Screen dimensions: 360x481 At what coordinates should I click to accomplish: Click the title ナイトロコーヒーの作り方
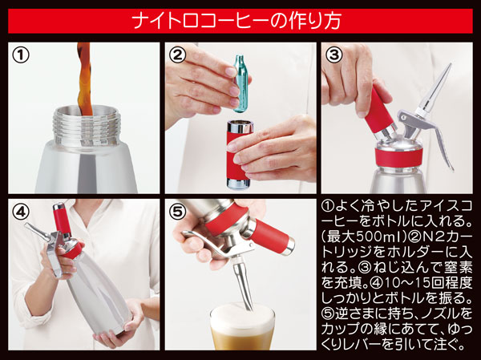pos(240,18)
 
